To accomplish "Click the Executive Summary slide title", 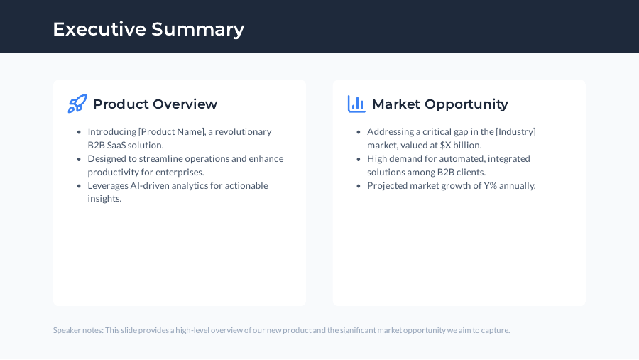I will (x=148, y=29).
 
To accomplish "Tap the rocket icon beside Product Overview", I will (x=77, y=104).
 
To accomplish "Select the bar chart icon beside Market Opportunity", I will (x=356, y=104).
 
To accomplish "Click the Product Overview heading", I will (x=155, y=104).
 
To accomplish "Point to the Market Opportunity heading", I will (x=439, y=104).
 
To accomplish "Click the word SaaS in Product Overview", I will (x=116, y=146).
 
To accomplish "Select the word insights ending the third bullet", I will (x=104, y=199).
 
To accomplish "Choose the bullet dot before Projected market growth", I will (x=359, y=186).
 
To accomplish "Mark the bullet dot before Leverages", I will (x=79, y=186).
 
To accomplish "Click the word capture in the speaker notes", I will (x=496, y=330).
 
